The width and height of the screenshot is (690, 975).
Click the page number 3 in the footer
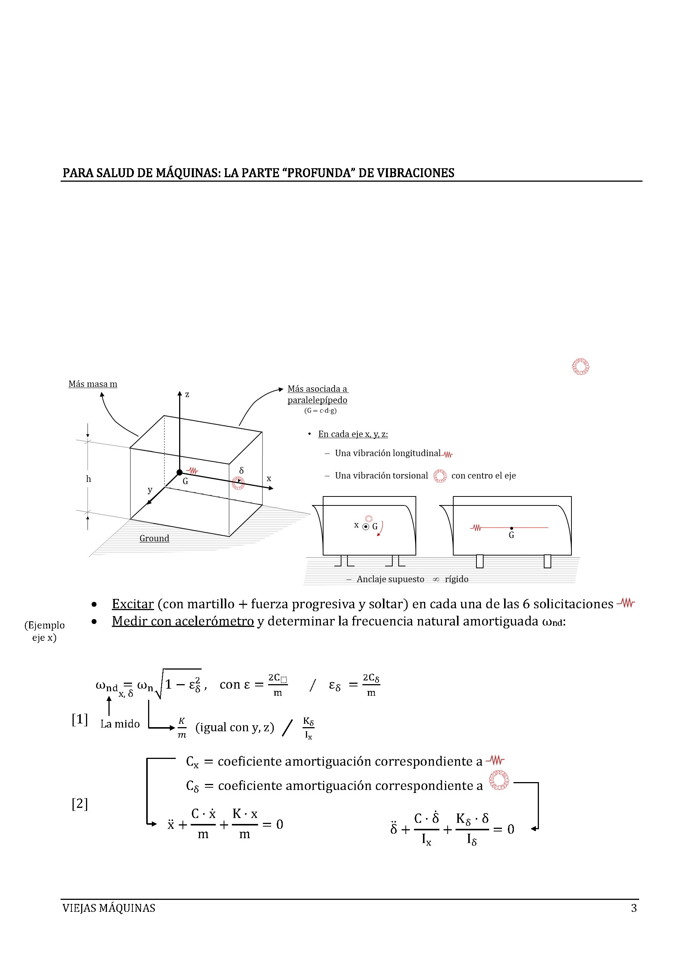(x=634, y=908)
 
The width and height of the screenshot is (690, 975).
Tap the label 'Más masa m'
(x=93, y=384)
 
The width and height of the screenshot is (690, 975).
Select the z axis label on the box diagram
(x=187, y=394)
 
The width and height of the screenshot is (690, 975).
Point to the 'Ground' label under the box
(x=154, y=538)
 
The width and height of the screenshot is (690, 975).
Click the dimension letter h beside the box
(x=88, y=479)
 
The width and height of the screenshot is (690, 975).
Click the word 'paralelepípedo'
(x=318, y=400)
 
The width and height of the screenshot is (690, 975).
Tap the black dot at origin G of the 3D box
(x=180, y=472)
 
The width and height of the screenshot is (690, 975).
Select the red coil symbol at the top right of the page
(x=580, y=366)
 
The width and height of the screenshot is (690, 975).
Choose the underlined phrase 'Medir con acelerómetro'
(x=183, y=621)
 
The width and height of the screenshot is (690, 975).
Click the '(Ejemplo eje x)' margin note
(x=45, y=631)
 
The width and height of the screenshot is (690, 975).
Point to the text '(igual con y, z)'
(x=234, y=728)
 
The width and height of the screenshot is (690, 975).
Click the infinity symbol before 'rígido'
(x=435, y=579)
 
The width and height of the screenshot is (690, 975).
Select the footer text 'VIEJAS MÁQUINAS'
(x=109, y=908)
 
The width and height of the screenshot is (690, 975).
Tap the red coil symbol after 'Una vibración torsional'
(x=440, y=476)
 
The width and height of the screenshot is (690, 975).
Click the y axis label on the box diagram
(x=150, y=490)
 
